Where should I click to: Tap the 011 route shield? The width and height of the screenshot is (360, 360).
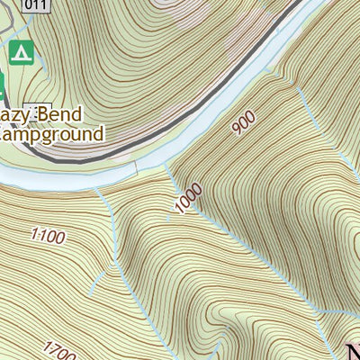(35, 6)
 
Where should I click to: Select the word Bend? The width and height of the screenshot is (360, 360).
(58, 114)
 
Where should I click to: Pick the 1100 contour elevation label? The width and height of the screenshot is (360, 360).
(49, 238)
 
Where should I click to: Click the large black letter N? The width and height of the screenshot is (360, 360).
(353, 350)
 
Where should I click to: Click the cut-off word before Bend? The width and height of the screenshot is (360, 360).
(15, 115)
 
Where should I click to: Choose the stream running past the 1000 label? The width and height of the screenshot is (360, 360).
(175, 193)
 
